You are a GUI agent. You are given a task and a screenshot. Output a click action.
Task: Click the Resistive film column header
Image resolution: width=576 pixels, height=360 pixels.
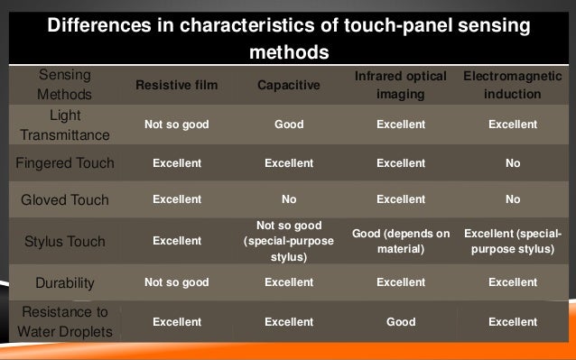click(x=176, y=86)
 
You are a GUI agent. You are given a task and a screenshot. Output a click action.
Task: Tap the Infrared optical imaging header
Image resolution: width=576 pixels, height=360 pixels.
click(x=400, y=86)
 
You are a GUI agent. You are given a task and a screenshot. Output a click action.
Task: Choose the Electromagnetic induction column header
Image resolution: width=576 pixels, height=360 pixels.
click(x=512, y=86)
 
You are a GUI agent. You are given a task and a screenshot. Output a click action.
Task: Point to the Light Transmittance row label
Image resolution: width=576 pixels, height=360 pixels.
click(x=65, y=125)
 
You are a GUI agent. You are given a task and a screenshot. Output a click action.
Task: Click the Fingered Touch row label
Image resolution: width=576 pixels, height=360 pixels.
click(x=65, y=163)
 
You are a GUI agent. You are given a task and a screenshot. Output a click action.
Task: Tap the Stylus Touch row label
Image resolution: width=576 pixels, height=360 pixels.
click(x=65, y=241)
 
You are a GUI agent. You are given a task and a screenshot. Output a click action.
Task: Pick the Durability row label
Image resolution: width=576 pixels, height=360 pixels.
click(x=65, y=282)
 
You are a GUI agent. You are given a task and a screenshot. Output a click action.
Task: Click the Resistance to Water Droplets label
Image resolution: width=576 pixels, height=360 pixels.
click(x=65, y=321)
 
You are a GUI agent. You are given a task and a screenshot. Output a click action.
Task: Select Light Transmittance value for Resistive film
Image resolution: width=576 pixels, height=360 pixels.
click(x=176, y=125)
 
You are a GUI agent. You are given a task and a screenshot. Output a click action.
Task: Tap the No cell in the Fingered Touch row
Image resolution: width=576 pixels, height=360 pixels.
click(x=512, y=163)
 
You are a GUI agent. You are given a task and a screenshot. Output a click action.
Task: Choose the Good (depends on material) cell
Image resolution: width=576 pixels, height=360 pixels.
click(x=400, y=241)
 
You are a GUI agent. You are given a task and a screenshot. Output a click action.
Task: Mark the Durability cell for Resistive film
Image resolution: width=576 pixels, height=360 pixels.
click(x=176, y=282)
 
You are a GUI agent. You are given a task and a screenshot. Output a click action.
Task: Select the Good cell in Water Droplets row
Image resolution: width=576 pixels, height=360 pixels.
click(x=400, y=321)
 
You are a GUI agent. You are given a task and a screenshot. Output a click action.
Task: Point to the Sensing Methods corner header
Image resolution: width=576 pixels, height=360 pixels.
click(x=65, y=86)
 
